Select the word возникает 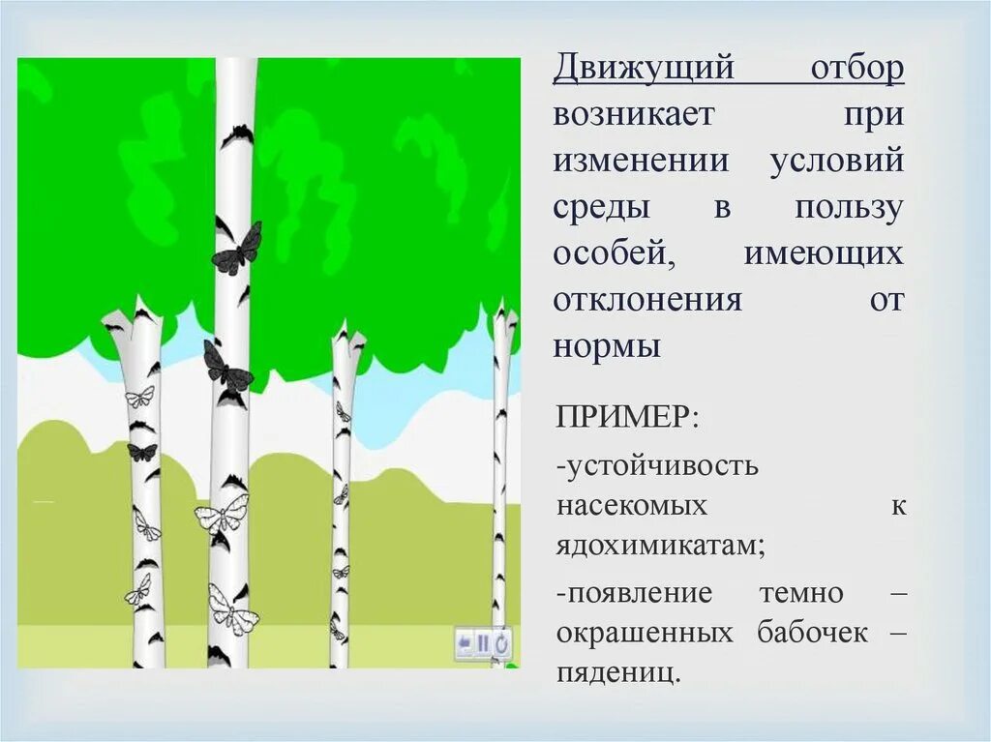[x=634, y=115]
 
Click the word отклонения [x=647, y=299]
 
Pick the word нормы [x=607, y=345]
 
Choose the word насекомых [x=632, y=506]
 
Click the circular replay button [x=502, y=642]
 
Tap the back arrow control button [x=465, y=642]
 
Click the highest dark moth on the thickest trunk [x=236, y=248]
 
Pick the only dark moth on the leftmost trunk [x=141, y=452]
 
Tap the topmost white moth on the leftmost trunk [x=139, y=397]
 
